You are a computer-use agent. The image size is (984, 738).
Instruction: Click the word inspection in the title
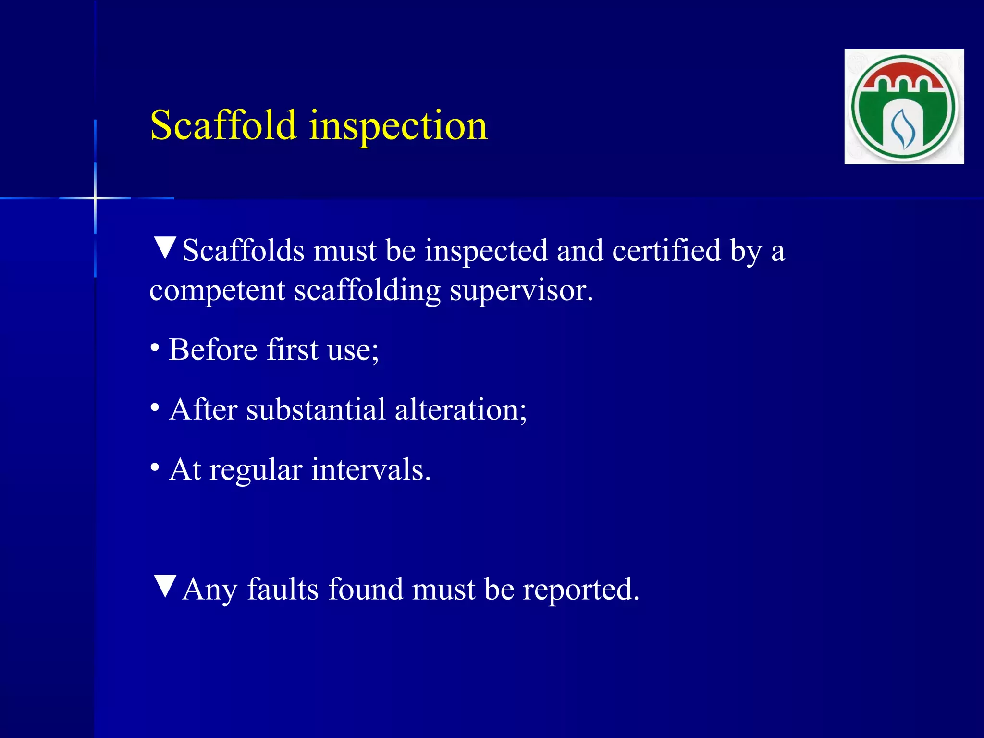[x=398, y=126]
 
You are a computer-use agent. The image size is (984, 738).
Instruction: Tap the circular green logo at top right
[x=904, y=107]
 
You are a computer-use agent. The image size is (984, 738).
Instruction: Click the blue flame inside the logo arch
[x=903, y=129]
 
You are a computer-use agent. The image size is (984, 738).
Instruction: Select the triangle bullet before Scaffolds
[x=165, y=248]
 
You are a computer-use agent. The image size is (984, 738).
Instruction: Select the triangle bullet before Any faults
[x=165, y=587]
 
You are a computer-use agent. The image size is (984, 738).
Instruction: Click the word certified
[x=666, y=250]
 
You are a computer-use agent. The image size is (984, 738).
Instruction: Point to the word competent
[x=217, y=291]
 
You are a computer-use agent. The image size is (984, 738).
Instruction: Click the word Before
[x=213, y=349]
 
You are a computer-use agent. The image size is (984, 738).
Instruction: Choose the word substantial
[x=316, y=410]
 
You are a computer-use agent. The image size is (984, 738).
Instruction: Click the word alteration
[x=460, y=410]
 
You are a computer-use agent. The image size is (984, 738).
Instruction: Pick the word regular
[x=256, y=470]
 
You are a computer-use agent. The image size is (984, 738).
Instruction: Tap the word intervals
[x=370, y=469]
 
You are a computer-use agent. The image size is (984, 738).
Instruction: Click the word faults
[x=283, y=589]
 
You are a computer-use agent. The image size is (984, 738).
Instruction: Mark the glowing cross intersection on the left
[x=95, y=198]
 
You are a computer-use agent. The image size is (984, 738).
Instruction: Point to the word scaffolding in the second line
[x=367, y=291]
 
